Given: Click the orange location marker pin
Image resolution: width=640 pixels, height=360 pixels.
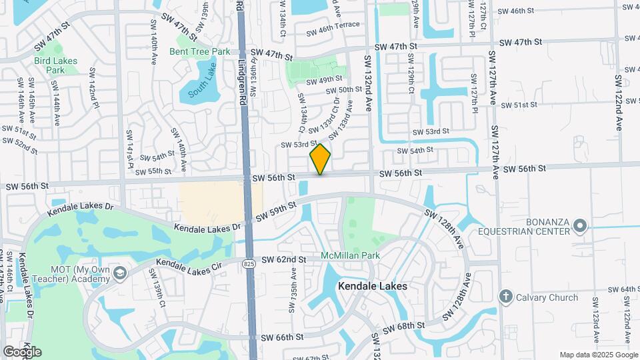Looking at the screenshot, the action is coord(321,159).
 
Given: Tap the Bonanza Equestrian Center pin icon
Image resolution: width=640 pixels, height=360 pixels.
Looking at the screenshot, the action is coord(580,227).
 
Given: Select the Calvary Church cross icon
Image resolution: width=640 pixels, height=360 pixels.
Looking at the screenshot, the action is coord(506,296).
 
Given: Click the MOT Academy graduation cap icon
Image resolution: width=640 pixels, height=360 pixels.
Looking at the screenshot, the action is coord(119,273).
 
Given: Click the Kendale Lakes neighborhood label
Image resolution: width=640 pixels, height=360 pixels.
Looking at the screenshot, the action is coord(372,286).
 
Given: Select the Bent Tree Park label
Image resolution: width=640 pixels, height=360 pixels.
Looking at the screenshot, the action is coord(199,51).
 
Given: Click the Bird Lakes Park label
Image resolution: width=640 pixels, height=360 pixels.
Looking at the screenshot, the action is coord(56,65).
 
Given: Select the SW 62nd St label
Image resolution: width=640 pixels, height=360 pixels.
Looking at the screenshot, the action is coord(283,259).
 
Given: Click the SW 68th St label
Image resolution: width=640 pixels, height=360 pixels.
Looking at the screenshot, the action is coord(402,325).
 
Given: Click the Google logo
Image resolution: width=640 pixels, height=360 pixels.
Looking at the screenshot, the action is coord(22,351).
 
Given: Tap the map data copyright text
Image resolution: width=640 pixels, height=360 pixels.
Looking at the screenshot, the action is coord(598,355).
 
